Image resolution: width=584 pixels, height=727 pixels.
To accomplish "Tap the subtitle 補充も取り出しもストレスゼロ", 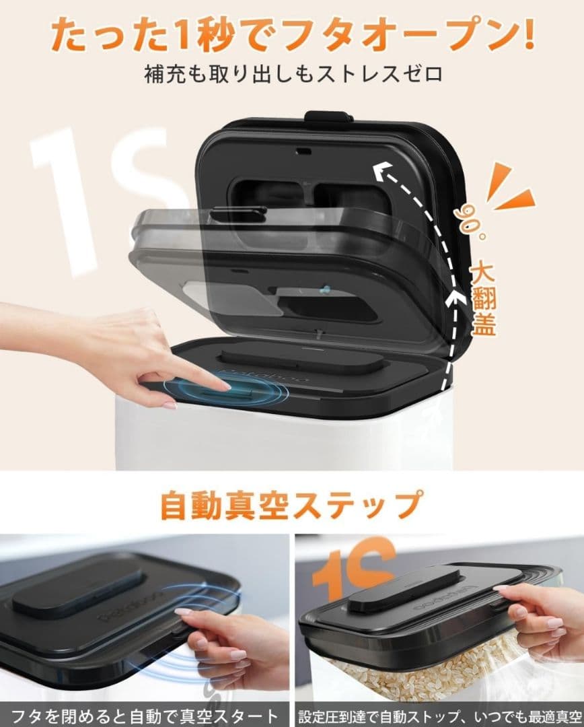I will coord(292,73).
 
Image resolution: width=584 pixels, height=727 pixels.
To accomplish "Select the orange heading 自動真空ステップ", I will coord(292,504).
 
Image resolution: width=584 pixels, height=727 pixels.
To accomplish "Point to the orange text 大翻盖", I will coord(483,300).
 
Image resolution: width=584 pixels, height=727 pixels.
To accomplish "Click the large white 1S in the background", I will coord(101,195).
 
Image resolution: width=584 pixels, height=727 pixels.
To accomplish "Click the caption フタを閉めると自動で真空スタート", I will coord(145,714).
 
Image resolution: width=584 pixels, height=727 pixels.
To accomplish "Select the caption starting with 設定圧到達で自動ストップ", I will coord(438,714).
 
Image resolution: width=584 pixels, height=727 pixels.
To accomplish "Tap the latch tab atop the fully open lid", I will coord(328,116).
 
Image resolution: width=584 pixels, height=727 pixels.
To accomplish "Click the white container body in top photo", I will coord(283,441).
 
